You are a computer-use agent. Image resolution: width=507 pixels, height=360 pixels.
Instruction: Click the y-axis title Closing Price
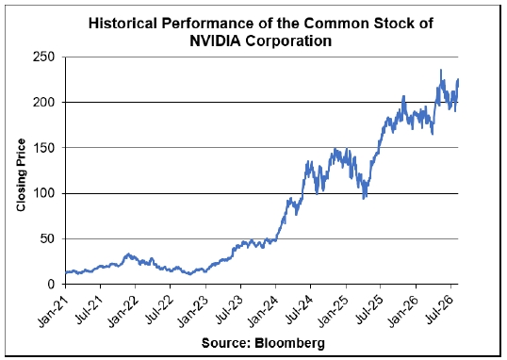click(x=21, y=175)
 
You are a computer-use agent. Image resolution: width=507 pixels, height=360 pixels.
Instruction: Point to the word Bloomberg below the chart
click(x=289, y=343)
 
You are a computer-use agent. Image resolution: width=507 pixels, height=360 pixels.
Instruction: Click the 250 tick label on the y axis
click(x=44, y=57)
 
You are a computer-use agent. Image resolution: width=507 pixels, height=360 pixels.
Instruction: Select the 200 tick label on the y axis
click(x=44, y=103)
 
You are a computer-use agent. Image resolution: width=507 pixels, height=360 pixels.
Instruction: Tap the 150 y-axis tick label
click(x=44, y=148)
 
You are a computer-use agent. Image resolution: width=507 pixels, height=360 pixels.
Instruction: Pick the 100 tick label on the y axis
click(x=44, y=193)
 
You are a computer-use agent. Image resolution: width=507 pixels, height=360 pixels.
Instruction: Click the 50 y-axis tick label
click(x=48, y=239)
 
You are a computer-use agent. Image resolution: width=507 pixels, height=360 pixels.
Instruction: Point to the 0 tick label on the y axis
click(x=52, y=285)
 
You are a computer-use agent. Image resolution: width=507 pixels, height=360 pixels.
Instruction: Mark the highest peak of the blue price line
click(x=441, y=70)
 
